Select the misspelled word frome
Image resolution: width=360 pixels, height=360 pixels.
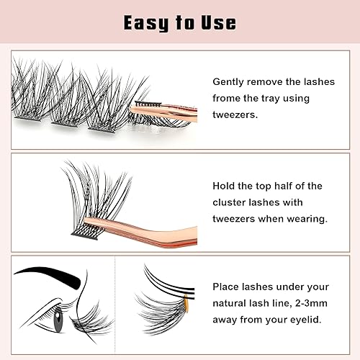pyautogui.click(x=230, y=98)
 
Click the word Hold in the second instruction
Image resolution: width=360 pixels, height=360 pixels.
pyautogui.click(x=225, y=186)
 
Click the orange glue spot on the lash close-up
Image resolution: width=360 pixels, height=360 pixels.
pyautogui.click(x=191, y=297)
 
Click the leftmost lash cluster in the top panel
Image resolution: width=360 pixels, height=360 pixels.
pyautogui.click(x=29, y=108)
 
